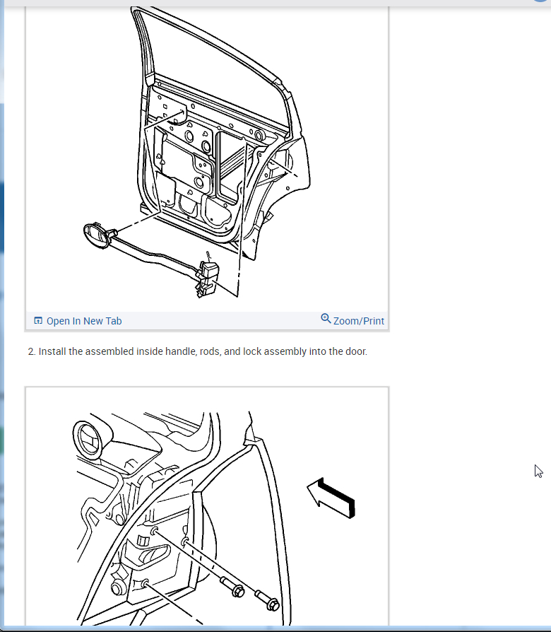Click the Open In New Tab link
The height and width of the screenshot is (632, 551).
point(83,321)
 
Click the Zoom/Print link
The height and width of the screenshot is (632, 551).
point(358,321)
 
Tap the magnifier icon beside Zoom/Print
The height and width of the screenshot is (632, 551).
point(326,319)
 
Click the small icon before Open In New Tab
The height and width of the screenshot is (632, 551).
point(38,321)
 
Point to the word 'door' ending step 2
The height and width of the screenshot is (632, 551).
point(355,351)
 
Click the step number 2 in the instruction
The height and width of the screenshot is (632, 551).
point(31,351)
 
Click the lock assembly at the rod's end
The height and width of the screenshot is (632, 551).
point(210,276)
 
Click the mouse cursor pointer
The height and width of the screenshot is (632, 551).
point(538,471)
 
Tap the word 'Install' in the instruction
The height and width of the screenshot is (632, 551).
point(52,351)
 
